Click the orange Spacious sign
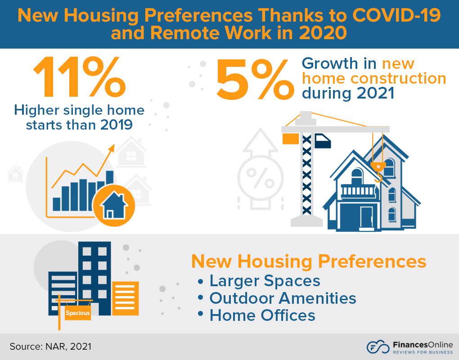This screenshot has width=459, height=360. (78, 313)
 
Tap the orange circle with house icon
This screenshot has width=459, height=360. (114, 205)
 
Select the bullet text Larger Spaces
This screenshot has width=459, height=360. (265, 281)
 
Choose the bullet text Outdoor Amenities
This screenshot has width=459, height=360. (283, 298)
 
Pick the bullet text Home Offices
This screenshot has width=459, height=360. (262, 315)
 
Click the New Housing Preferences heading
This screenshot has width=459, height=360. (309, 261)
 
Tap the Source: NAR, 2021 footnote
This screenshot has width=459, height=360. (50, 346)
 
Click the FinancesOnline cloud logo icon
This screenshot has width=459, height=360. (377, 347)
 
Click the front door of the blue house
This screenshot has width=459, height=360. (366, 217)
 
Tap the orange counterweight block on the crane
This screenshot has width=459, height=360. (291, 139)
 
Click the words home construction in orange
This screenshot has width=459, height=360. (373, 78)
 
